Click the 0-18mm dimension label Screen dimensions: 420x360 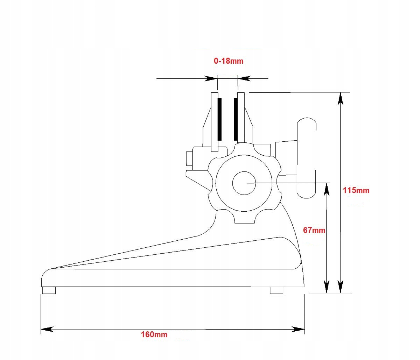pyautogui.click(x=229, y=61)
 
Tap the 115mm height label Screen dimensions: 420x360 pyautogui.click(x=356, y=190)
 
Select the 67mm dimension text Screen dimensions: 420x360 pyautogui.click(x=314, y=230)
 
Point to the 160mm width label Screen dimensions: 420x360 pyautogui.click(x=154, y=334)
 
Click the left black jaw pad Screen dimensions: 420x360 pyautogui.click(x=219, y=118)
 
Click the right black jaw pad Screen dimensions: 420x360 pyautogui.click(x=236, y=118)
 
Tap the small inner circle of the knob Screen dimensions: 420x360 pyautogui.click(x=244, y=183)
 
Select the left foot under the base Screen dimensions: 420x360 pyautogui.click(x=49, y=290)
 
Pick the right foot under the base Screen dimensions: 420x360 pyautogui.click(x=276, y=290)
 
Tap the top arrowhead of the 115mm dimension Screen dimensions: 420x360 pyautogui.click(x=340, y=99)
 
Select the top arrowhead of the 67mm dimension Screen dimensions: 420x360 pyautogui.click(x=326, y=189)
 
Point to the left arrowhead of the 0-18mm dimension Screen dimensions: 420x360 pyautogui.click(x=211, y=78)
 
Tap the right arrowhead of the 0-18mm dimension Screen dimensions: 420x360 pyautogui.click(x=244, y=78)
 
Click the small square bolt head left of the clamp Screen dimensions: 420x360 pyautogui.click(x=189, y=158)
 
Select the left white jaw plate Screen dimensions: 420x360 pyautogui.click(x=214, y=122)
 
